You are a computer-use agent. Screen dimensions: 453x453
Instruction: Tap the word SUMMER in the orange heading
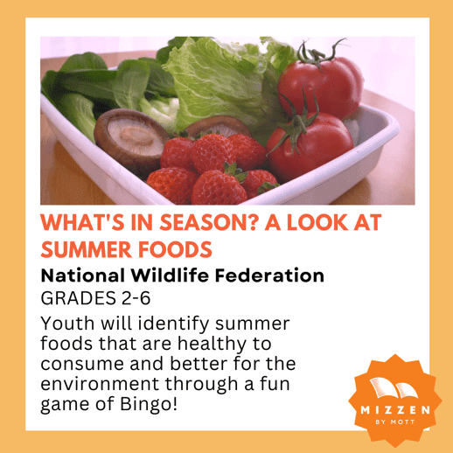[87, 249]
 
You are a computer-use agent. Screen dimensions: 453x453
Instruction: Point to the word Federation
[269, 275]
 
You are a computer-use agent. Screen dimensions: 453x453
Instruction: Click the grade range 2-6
[136, 298]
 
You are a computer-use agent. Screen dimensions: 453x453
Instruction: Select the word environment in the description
[100, 384]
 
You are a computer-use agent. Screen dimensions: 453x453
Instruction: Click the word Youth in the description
[67, 324]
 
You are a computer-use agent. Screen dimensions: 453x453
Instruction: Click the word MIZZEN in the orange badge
[395, 410]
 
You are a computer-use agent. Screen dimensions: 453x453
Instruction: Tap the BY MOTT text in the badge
[395, 422]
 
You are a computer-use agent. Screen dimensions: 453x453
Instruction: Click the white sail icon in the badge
[394, 387]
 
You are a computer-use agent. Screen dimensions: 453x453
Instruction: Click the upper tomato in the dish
[321, 86]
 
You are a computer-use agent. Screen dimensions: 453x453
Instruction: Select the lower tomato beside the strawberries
[310, 146]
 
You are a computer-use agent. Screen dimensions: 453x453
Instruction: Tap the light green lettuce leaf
[216, 81]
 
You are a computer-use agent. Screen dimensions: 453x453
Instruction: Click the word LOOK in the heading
[317, 223]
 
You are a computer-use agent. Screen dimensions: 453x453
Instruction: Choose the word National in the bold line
[82, 275]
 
